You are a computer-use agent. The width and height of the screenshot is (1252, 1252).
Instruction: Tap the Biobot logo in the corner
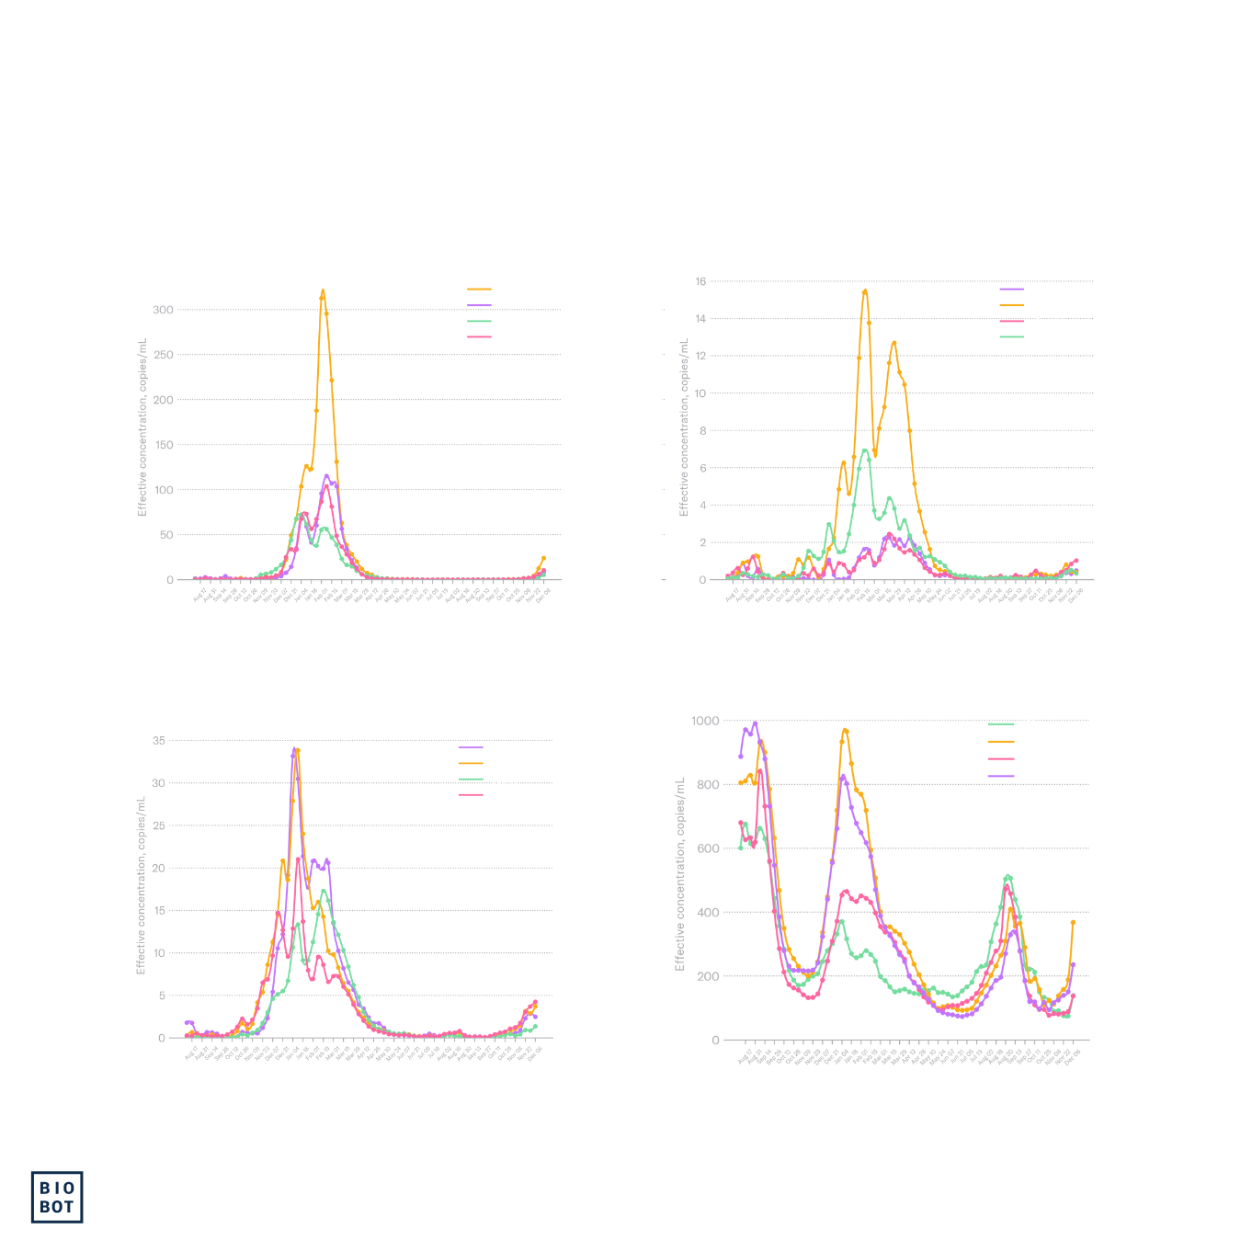(x=57, y=1197)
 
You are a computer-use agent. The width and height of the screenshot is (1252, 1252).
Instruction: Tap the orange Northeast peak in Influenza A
(x=323, y=292)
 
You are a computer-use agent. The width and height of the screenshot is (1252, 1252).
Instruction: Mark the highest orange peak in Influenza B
(x=865, y=291)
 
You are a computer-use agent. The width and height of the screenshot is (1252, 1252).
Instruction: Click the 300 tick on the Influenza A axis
(x=163, y=310)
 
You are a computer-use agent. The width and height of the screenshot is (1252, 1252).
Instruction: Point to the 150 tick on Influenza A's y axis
(x=163, y=445)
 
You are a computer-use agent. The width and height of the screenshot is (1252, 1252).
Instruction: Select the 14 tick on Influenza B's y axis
(x=700, y=319)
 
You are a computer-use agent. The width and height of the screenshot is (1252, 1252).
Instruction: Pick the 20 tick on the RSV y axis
(x=159, y=868)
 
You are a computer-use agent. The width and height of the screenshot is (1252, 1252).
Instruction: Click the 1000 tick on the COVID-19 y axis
(x=705, y=721)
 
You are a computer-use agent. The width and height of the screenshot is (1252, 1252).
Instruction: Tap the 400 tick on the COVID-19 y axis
(x=708, y=913)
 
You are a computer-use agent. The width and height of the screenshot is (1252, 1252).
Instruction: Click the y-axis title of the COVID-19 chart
(x=680, y=873)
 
